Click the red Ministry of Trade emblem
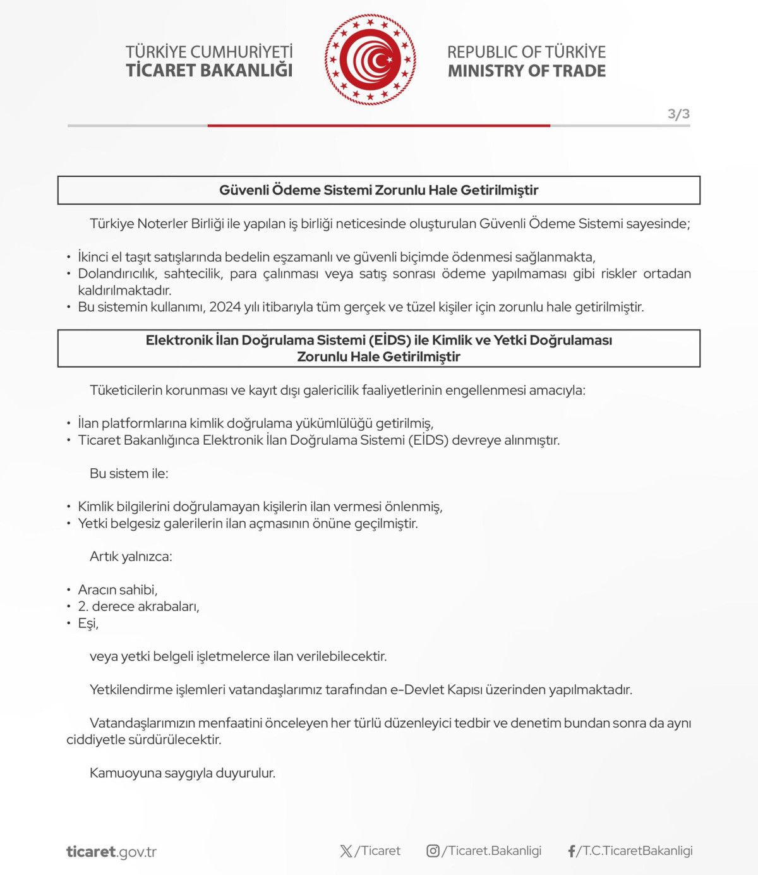370,60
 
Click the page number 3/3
678,114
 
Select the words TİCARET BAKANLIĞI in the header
209,71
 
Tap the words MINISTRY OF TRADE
527,71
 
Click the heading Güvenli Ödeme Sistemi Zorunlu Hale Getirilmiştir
378,190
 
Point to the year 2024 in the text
225,307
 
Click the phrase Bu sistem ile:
129,473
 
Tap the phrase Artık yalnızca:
131,557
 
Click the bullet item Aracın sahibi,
117,590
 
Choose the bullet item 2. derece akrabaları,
138,606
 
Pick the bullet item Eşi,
88,624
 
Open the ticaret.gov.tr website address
111,852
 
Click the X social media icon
346,851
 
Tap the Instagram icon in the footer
433,851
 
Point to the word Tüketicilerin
126,390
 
